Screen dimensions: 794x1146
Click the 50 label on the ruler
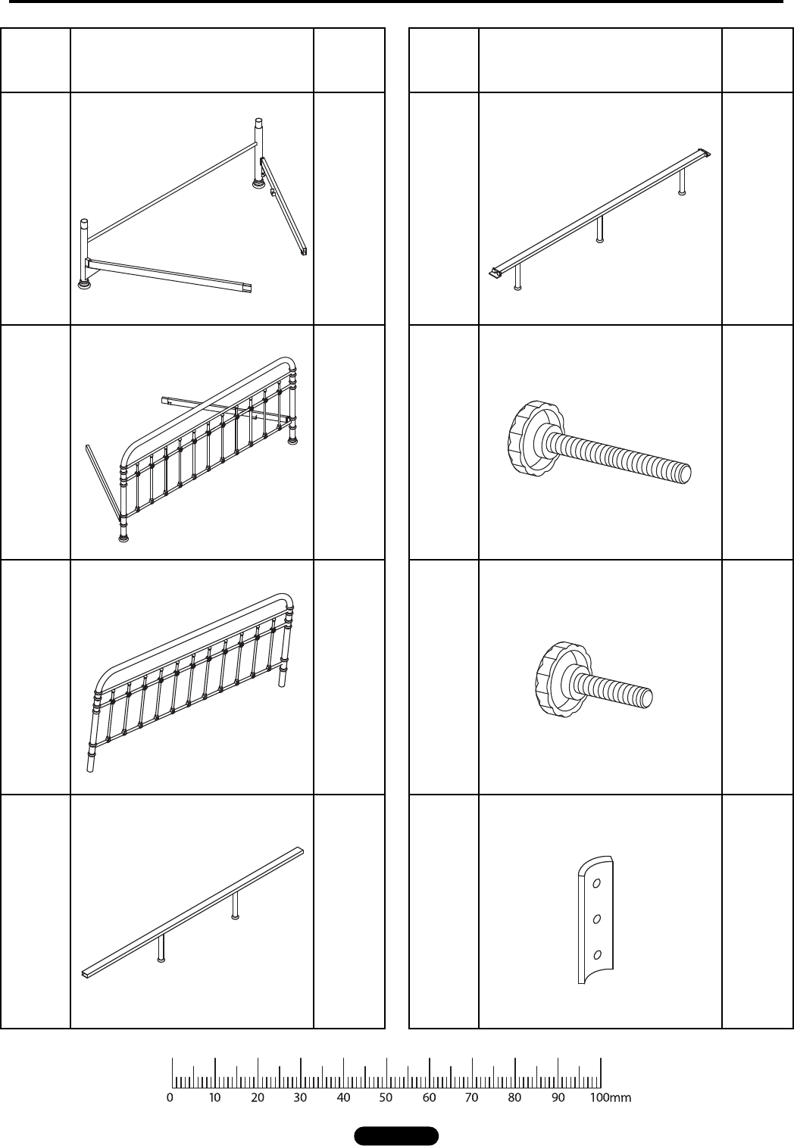click(386, 1098)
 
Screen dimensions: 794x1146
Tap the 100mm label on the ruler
click(611, 1098)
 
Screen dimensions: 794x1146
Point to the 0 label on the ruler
click(170, 1098)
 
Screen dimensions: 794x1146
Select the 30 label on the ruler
click(300, 1098)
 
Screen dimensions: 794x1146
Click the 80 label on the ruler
click(514, 1098)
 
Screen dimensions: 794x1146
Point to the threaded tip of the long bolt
click(683, 473)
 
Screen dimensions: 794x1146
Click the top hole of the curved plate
click(596, 883)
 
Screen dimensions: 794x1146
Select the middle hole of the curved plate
click(596, 920)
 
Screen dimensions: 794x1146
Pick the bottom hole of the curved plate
click(596, 954)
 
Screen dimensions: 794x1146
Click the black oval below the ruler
click(396, 1135)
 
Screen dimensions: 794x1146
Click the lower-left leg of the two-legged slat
click(161, 949)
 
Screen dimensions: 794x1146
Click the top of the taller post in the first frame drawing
click(259, 120)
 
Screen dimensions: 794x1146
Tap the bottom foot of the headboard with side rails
click(123, 537)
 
